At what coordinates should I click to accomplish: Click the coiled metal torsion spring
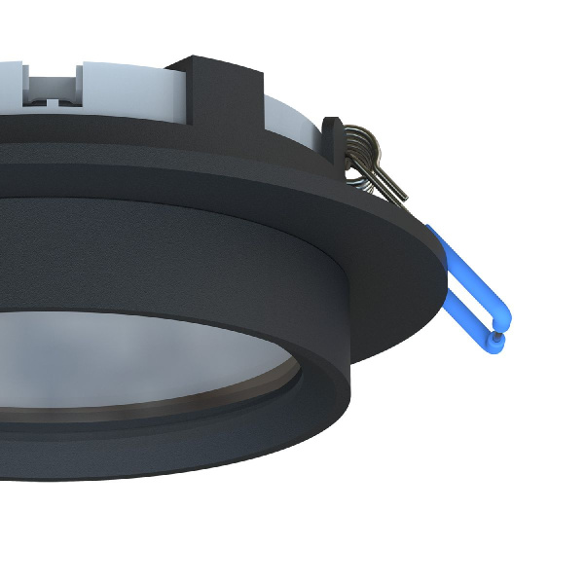pyautogui.click(x=361, y=145)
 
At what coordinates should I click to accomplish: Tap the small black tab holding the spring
pyautogui.click(x=333, y=142)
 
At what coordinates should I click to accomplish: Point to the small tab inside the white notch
pyautogui.click(x=48, y=98)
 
